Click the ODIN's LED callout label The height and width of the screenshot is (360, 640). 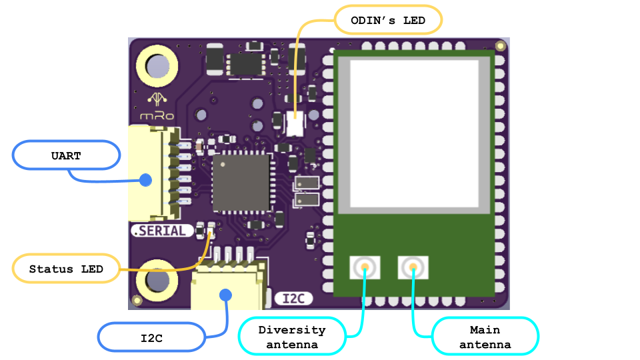pos(388,21)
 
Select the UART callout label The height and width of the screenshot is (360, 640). pos(66,156)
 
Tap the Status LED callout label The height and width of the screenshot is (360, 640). pos(66,269)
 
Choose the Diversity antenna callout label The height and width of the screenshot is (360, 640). pos(292,337)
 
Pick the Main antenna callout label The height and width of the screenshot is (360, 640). pos(485,337)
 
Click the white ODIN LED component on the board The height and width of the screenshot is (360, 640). pos(294,123)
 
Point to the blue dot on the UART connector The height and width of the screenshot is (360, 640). pos(145,179)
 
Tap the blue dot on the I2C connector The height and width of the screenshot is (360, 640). pos(226,294)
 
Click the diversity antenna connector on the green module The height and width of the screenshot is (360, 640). pos(365,268)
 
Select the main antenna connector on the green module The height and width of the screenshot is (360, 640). pos(413,268)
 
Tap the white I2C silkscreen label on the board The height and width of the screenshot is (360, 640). pos(293,298)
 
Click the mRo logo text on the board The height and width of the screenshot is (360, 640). pos(157,115)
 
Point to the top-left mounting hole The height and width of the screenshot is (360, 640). pos(157,67)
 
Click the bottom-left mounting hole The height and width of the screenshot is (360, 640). pos(157,281)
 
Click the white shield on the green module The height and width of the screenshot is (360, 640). pos(414,133)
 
